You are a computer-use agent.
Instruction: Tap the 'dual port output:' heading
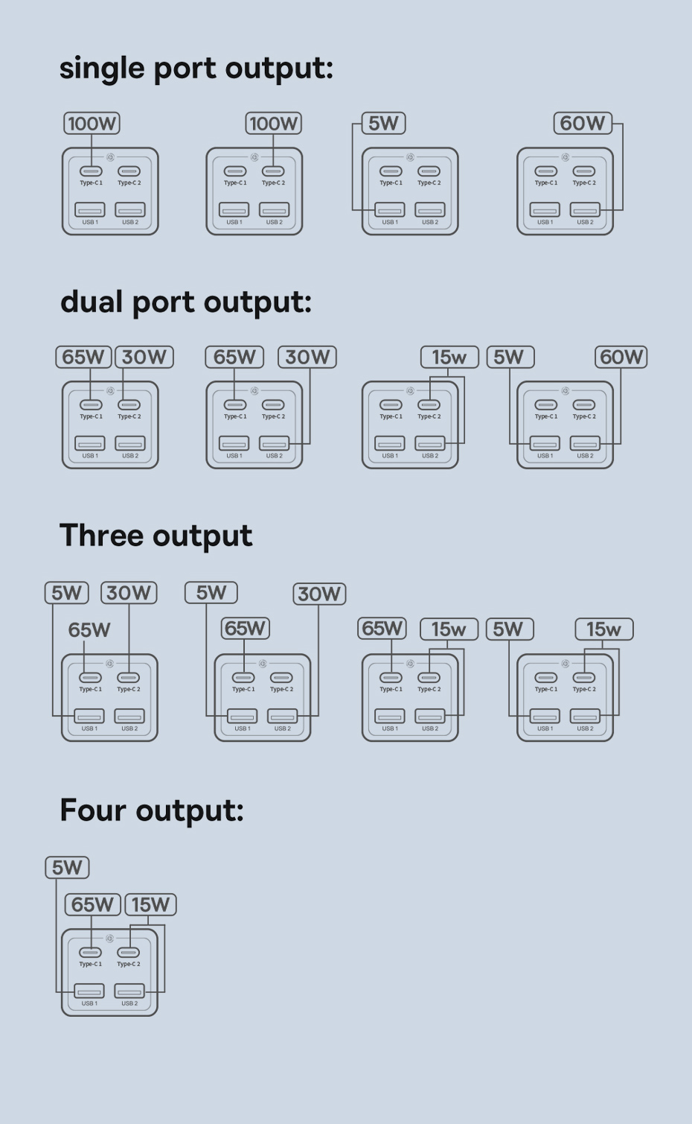coord(186,302)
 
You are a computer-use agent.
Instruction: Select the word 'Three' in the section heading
coord(101,536)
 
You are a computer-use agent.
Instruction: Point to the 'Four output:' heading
coord(151,810)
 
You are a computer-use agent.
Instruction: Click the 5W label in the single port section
coord(383,123)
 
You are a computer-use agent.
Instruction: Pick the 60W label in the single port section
coord(583,123)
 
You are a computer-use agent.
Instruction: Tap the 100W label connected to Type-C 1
coord(92,123)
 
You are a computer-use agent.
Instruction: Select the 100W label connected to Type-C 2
coord(274,123)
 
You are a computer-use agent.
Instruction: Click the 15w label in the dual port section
coord(449,358)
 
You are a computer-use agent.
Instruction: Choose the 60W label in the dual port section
coord(621,357)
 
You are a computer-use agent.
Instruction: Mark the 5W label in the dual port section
coord(510,357)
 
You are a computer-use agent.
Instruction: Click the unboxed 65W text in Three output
coord(89,630)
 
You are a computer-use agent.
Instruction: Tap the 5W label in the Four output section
coord(67,868)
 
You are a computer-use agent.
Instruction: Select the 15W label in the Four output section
coord(150,905)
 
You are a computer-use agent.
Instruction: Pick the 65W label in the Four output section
coord(93,905)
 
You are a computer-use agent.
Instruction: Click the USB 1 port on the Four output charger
coord(89,991)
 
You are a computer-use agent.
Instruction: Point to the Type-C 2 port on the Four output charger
coord(128,953)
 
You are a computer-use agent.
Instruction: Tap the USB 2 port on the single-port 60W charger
coord(585,210)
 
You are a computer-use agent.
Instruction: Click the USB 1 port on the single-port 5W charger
coord(390,210)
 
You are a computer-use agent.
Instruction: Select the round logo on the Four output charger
coord(109,939)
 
